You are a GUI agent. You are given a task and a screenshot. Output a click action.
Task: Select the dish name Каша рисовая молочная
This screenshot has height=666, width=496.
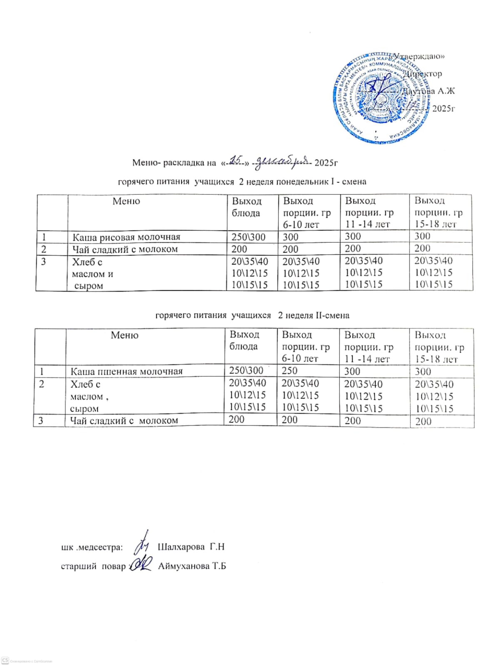[126, 237]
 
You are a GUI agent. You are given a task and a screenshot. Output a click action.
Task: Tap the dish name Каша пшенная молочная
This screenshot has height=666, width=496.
[127, 371]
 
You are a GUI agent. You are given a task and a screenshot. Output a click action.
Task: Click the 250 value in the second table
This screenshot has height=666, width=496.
[289, 371]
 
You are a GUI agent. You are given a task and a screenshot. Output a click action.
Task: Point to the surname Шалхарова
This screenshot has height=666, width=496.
[181, 546]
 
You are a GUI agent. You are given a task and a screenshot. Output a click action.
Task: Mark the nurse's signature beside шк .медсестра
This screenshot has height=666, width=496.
[142, 543]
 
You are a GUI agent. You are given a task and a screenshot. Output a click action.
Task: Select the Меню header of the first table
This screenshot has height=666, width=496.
[126, 201]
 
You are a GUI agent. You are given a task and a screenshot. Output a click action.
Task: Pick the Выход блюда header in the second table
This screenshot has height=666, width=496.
[244, 340]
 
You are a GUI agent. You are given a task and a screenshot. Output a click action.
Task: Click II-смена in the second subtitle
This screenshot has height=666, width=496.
[332, 315]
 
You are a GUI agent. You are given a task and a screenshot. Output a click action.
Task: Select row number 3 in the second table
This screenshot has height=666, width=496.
[41, 421]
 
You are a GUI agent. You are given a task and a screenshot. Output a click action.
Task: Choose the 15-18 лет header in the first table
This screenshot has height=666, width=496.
[436, 224]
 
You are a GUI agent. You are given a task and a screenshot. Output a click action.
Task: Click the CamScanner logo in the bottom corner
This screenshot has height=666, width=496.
[5, 661]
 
